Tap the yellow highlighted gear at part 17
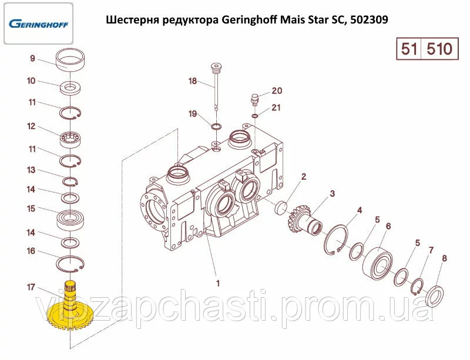pyautogui.click(x=70, y=317)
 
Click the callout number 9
pyautogui.click(x=33, y=58)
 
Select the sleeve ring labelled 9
pyautogui.click(x=72, y=60)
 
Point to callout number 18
pyautogui.click(x=192, y=81)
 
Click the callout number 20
pyautogui.click(x=276, y=91)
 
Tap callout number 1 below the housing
pyautogui.click(x=218, y=283)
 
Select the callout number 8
pyautogui.click(x=444, y=258)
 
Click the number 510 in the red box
pyautogui.click(x=438, y=49)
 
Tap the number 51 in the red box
pyautogui.click(x=408, y=49)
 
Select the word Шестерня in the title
pyautogui.click(x=135, y=19)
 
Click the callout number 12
pyautogui.click(x=31, y=126)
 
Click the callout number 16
pyautogui.click(x=31, y=251)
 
